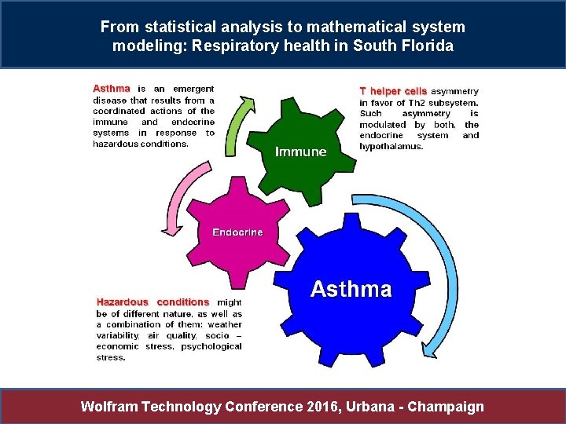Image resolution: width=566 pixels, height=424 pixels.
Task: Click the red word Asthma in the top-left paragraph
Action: click(x=112, y=89)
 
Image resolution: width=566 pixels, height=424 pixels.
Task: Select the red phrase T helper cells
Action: click(x=393, y=91)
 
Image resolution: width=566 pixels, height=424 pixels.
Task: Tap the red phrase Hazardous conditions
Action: click(x=153, y=302)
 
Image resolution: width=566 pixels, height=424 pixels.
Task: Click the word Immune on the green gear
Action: click(x=301, y=152)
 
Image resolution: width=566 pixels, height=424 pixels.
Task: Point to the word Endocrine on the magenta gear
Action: click(x=237, y=232)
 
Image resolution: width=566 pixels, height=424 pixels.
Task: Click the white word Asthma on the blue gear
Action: click(x=351, y=290)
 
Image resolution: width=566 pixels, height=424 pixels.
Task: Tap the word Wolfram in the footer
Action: click(x=110, y=406)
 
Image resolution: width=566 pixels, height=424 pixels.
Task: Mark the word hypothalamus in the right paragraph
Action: click(x=391, y=146)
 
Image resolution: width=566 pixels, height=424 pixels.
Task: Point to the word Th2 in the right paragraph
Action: click(x=418, y=102)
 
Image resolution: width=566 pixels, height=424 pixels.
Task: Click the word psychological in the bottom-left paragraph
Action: click(x=211, y=346)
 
